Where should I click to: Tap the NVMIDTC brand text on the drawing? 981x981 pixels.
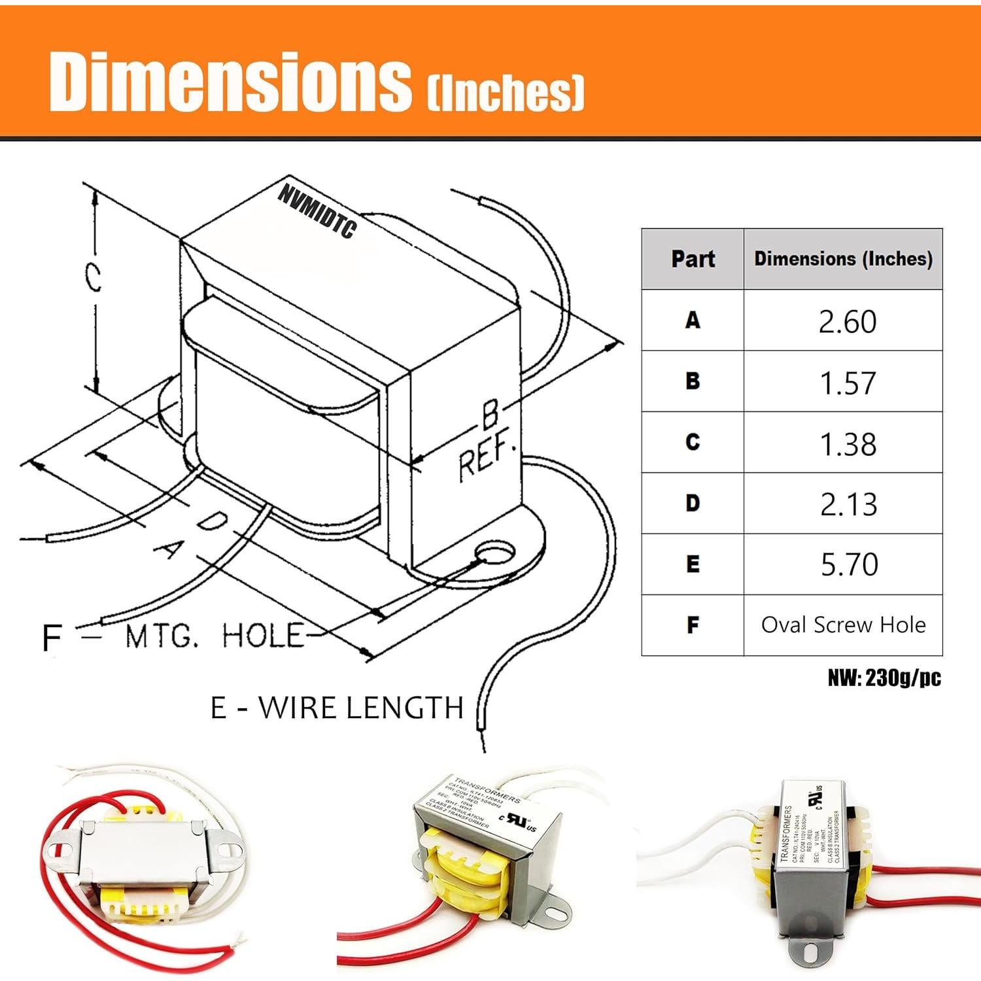317,211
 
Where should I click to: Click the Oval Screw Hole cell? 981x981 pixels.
842,625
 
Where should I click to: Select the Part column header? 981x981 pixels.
693,259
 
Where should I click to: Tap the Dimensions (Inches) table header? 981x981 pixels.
842,259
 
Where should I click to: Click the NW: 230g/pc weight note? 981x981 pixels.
884,678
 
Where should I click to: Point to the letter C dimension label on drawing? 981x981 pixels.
94,277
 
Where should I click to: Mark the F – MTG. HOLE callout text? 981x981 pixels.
173,636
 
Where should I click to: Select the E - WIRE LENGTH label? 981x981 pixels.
337,708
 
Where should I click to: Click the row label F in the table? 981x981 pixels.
693,625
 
